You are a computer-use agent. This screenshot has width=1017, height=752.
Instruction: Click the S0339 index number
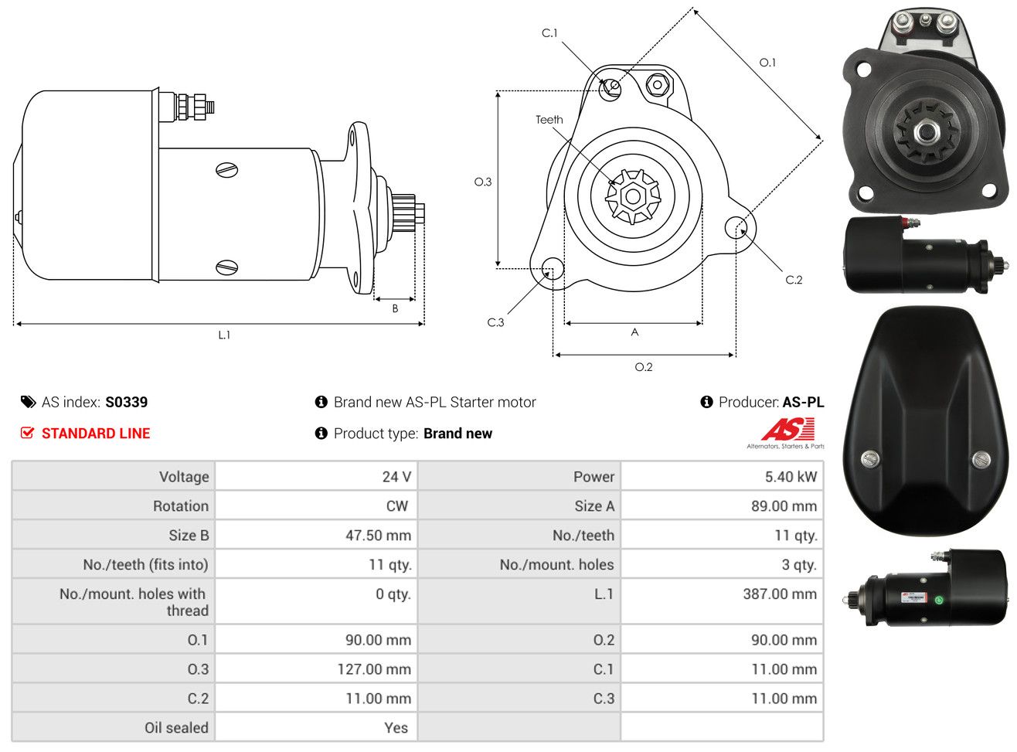(x=126, y=402)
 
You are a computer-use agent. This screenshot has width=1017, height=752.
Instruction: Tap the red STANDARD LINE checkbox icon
(x=28, y=433)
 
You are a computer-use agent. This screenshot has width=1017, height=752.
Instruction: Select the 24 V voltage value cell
(x=316, y=476)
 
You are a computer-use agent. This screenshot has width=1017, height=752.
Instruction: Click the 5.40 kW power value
(x=790, y=477)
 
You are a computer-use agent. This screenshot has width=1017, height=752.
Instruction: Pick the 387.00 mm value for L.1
(x=780, y=594)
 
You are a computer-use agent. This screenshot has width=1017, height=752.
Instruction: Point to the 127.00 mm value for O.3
(x=374, y=669)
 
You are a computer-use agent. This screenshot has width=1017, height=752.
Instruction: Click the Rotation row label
(x=181, y=505)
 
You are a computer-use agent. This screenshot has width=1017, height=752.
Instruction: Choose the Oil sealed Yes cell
(x=316, y=727)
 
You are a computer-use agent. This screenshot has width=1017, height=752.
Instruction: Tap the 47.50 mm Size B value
(x=378, y=535)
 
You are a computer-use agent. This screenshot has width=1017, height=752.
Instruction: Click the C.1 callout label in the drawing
(x=549, y=33)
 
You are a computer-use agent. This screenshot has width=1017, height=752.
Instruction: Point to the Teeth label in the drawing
(x=549, y=120)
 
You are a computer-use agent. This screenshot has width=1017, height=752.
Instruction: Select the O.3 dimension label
(x=483, y=182)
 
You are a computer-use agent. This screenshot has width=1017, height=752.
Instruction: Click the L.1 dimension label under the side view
(x=224, y=335)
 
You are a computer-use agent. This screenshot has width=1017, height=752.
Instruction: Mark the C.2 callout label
(x=794, y=280)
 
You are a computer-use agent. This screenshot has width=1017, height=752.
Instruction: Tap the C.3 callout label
(x=495, y=323)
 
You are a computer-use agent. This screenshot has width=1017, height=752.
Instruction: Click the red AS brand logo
(x=787, y=429)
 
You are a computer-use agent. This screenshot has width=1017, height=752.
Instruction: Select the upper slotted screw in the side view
(x=226, y=170)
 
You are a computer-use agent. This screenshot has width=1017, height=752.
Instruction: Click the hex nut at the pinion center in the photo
(x=926, y=133)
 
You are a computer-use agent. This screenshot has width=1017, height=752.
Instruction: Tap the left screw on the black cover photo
(x=870, y=458)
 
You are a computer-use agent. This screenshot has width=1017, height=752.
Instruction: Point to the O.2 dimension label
(x=643, y=367)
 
